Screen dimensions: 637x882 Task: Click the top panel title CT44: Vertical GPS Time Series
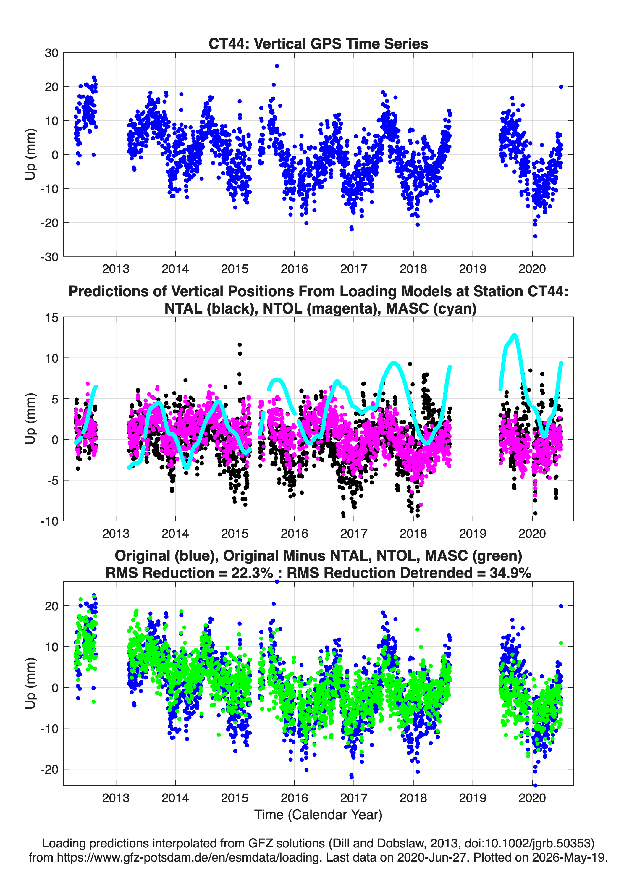coord(318,43)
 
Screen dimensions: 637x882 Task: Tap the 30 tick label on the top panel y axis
coord(51,53)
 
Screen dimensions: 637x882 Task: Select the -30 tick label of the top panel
coord(49,257)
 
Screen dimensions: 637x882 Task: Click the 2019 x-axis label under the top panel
coord(473,269)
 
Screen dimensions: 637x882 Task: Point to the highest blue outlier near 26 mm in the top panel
coord(277,66)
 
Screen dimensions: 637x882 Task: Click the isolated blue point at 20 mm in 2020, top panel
coord(561,87)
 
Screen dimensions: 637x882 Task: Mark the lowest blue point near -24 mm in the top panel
coord(535,236)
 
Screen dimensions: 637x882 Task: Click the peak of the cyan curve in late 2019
coord(515,335)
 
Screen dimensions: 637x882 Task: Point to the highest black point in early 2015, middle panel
coord(240,345)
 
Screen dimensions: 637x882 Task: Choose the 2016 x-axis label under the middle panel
coord(294,534)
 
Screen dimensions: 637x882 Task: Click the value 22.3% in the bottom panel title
coord(252,573)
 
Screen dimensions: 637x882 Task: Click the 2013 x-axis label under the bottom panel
coord(116,798)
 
